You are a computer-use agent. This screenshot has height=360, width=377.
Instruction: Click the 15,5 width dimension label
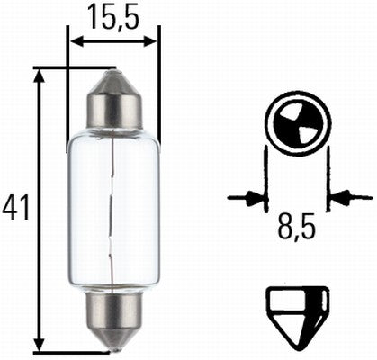pos(113,15)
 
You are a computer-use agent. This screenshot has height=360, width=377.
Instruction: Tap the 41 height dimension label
pos(15,208)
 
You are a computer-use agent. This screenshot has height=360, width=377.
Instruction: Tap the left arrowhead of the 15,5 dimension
pos(76,40)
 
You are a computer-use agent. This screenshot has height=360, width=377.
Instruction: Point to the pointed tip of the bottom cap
pos(114,346)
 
